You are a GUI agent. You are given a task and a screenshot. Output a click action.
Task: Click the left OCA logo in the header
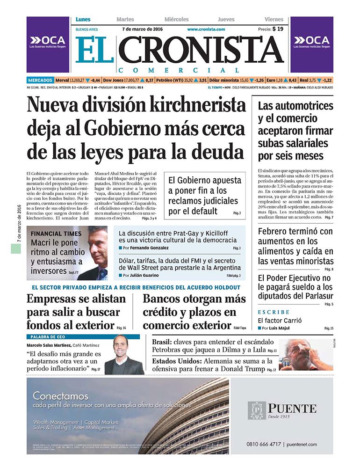pos(48,41)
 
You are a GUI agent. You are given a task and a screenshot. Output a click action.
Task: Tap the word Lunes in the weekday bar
pos(83,20)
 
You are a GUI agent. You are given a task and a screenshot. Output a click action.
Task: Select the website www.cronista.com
pos(206,29)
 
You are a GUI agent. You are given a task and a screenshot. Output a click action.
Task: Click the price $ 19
pos(277,29)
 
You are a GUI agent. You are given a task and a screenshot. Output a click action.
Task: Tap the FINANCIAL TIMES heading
pos(56,234)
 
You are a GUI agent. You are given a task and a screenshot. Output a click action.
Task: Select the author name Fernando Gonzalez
pos(150,248)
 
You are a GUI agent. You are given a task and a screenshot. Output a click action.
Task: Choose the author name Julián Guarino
pos(146,275)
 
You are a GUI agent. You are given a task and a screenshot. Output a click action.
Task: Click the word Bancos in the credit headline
pos(165,299)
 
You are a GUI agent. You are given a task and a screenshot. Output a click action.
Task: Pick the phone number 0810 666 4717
pos(264,444)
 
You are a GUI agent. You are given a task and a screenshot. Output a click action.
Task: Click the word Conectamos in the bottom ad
pos(60,396)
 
